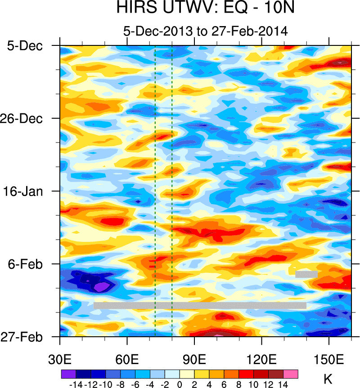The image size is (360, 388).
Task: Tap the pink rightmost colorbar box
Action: (x=291, y=374)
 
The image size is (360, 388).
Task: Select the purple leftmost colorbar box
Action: (x=68, y=374)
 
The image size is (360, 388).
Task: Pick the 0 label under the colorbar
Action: (x=179, y=384)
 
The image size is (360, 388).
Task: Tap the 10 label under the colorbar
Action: (x=253, y=384)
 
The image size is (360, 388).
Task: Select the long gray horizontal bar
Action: (x=200, y=305)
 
